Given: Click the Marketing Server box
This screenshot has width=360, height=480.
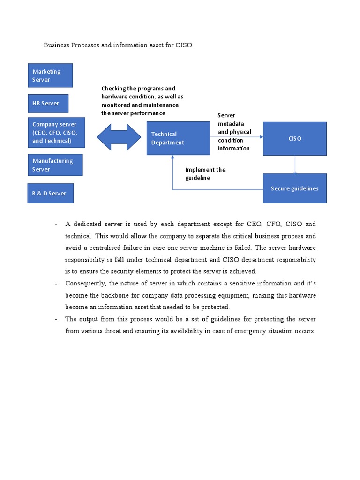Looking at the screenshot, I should tap(50, 75).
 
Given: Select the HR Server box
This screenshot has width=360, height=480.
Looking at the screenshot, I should tap(48, 103).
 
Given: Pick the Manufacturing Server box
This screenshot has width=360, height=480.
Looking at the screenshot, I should tap(55, 165).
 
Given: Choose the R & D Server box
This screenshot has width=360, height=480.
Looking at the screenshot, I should tap(50, 193).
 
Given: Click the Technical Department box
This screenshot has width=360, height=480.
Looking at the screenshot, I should tap(178, 138).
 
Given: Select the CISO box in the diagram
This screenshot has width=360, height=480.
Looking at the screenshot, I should tap(294, 139).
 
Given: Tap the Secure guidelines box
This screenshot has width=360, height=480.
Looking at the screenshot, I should tap(294, 188).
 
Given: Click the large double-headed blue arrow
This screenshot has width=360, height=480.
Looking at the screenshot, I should tap(119, 137).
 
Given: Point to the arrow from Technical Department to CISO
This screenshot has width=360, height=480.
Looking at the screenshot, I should tap(236, 137).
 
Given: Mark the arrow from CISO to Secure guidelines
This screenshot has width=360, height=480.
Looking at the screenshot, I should tap(295, 165).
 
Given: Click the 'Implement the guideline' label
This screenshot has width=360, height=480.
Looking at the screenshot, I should tap(205, 174).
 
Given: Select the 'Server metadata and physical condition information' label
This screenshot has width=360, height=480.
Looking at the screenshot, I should tap(234, 132).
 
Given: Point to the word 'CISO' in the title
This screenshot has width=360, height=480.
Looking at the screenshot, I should tap(184, 45).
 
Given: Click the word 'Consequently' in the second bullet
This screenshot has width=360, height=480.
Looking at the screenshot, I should tap(85, 283).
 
